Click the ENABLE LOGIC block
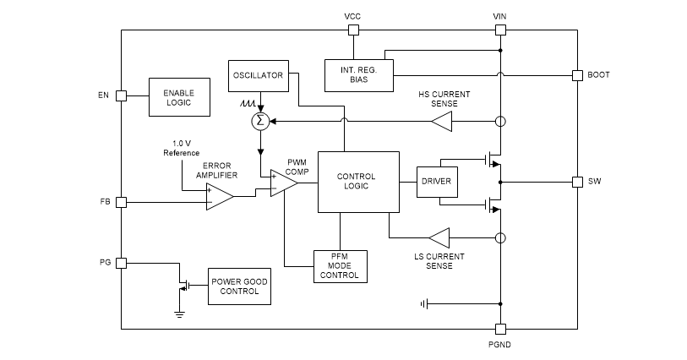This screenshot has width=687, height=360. (178, 97)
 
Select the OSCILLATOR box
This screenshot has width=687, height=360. (259, 75)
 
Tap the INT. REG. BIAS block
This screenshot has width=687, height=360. (359, 74)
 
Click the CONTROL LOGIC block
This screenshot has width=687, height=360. (358, 182)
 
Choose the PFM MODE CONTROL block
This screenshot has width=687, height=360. (339, 265)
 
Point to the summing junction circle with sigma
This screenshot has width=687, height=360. (260, 122)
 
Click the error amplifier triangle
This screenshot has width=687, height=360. (219, 197)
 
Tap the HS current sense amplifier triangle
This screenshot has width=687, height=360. (442, 123)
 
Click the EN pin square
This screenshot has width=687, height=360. (121, 95)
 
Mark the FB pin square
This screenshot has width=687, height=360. (121, 202)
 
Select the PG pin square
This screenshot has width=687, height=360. (121, 263)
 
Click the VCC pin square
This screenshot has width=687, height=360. (353, 30)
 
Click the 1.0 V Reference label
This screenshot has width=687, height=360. (181, 148)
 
